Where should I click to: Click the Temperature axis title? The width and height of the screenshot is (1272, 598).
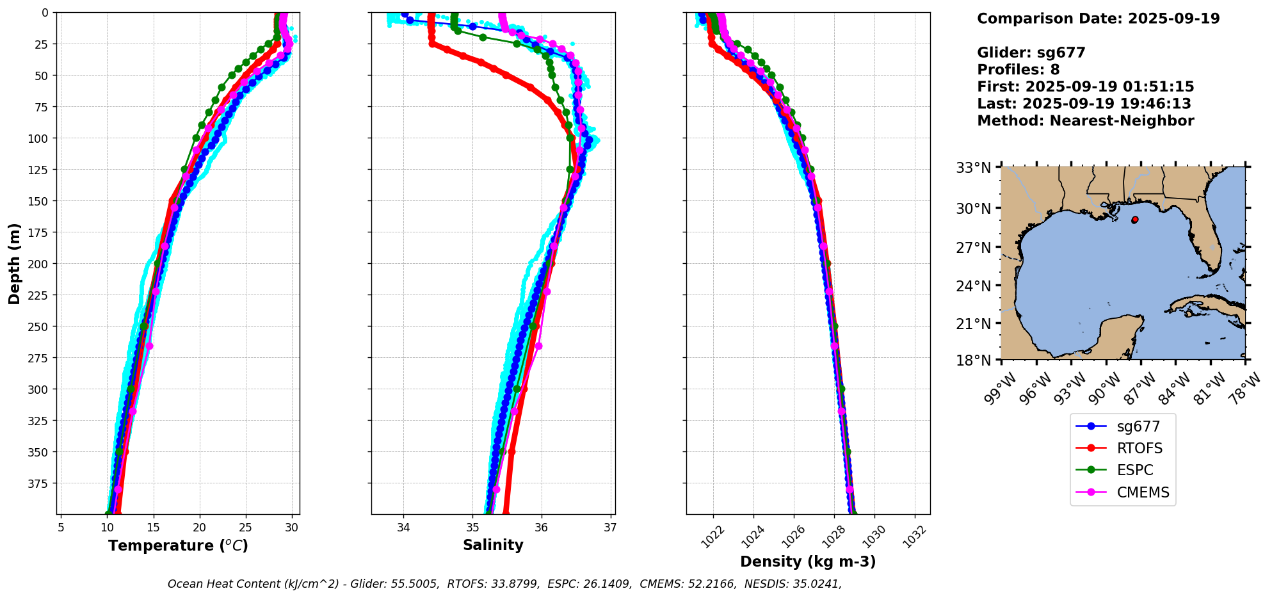pyautogui.click(x=178, y=545)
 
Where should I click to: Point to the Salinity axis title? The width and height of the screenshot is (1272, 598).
pyautogui.click(x=493, y=545)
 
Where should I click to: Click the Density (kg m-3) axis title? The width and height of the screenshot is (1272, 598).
pyautogui.click(x=808, y=562)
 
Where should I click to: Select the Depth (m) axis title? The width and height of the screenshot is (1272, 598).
pyautogui.click(x=14, y=263)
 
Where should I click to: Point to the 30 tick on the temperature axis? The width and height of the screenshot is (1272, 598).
pyautogui.click(x=292, y=528)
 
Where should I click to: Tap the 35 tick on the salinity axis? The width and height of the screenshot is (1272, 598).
pyautogui.click(x=472, y=528)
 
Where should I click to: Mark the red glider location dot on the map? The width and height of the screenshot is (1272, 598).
pyautogui.click(x=1135, y=220)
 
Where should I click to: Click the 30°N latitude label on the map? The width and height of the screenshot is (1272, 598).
pyautogui.click(x=973, y=208)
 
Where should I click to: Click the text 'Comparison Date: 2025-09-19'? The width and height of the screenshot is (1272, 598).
pyautogui.click(x=1098, y=19)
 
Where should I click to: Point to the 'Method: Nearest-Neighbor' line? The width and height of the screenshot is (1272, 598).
pyautogui.click(x=1085, y=121)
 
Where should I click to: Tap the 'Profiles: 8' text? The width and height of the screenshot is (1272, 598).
pyautogui.click(x=1018, y=70)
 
